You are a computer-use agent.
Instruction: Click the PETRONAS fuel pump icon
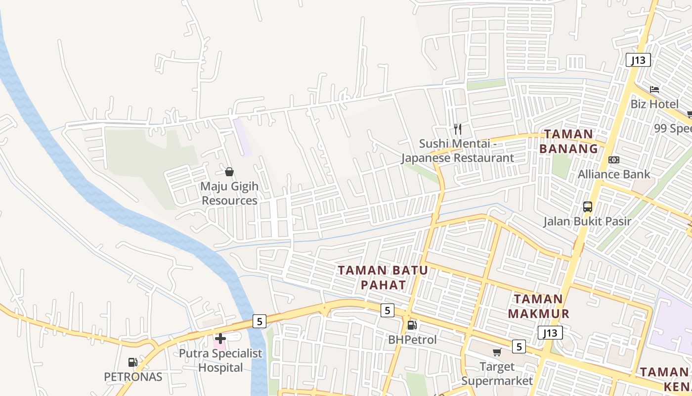point(132,362)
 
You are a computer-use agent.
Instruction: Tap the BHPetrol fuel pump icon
point(412,325)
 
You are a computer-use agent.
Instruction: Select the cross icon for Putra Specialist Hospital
point(220,339)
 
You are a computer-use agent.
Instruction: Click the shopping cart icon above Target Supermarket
point(497,352)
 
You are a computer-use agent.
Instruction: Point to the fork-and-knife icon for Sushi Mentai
point(458,129)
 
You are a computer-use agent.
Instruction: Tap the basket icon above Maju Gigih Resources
point(229,172)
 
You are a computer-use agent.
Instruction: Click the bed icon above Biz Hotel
point(654,90)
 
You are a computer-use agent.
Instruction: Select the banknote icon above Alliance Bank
point(614,160)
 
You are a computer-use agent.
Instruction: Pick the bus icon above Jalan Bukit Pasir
point(588,207)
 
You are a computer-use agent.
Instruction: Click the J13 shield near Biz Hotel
point(638,60)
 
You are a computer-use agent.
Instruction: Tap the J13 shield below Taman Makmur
point(550,333)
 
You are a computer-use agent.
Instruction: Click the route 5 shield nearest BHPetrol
point(388,310)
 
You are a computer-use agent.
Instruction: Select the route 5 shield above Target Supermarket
point(519,346)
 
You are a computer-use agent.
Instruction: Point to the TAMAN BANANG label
point(568,141)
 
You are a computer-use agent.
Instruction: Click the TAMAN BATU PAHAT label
point(383,277)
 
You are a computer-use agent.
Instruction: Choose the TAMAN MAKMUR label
point(539,306)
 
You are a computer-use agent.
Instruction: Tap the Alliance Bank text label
point(614,174)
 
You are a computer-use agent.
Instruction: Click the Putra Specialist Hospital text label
point(220,360)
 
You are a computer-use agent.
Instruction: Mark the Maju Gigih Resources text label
point(229,194)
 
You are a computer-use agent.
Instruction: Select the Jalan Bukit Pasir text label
point(588,221)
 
